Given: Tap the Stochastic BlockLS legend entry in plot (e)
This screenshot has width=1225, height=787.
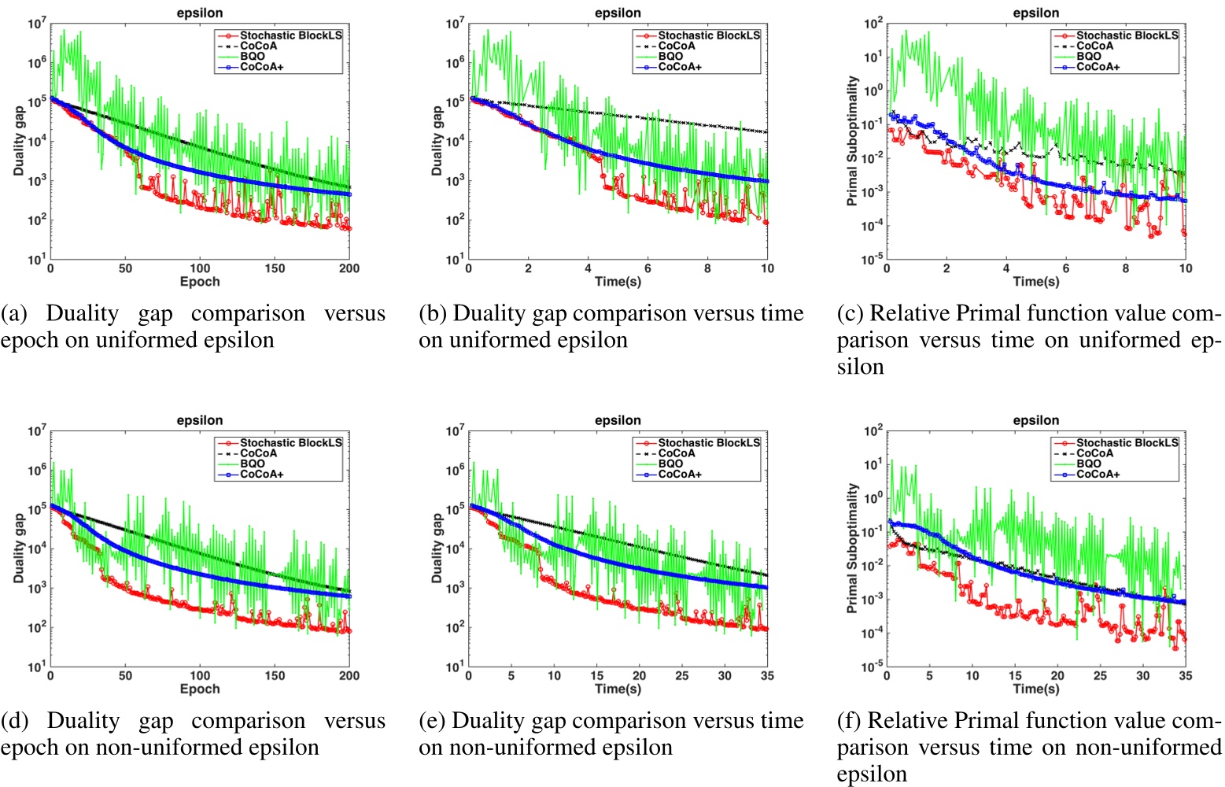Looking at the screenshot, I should (x=709, y=443).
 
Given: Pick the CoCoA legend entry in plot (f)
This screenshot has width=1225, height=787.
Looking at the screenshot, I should (x=1094, y=453).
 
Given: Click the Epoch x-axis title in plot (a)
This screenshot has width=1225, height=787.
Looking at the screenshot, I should (x=200, y=282).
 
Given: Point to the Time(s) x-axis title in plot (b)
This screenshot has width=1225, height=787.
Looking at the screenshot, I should (x=618, y=282).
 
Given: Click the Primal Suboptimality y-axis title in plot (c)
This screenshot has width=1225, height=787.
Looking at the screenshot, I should (x=851, y=142).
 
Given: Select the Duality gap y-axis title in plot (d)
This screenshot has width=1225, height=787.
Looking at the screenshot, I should (x=19, y=549).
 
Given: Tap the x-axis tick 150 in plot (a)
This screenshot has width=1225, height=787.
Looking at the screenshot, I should (x=275, y=268).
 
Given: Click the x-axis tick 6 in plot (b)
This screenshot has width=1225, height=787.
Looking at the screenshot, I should (x=648, y=268).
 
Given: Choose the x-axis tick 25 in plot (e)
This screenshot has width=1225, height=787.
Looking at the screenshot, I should (x=681, y=675).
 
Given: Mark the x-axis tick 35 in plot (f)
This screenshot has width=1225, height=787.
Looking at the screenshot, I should (x=1185, y=675).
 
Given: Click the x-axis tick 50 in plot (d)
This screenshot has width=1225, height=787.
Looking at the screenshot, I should (x=125, y=675).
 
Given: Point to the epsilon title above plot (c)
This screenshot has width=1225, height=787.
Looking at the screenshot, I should (x=1035, y=13).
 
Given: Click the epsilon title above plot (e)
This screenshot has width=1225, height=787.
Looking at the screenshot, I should (x=618, y=420).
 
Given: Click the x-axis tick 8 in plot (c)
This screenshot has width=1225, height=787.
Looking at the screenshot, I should (x=1125, y=268).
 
